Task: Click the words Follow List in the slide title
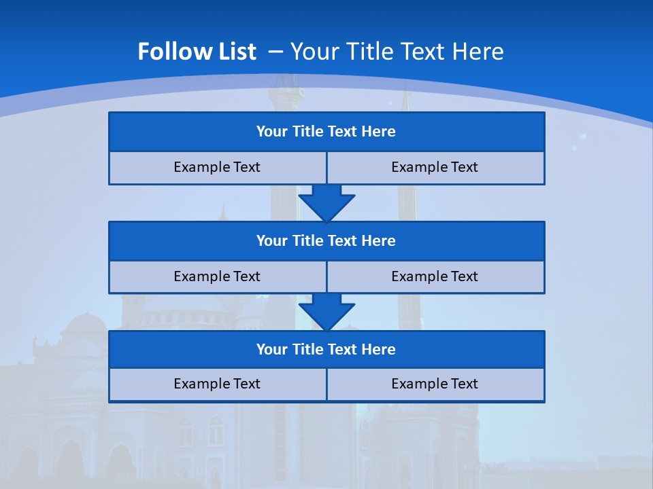point(197,52)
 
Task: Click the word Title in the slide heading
point(368,52)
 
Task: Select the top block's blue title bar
point(326,132)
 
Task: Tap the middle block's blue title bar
point(326,241)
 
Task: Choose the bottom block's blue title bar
point(326,350)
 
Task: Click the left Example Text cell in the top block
point(217,168)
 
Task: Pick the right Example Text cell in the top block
point(435,168)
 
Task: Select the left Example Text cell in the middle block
point(217,277)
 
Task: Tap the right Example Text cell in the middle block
point(435,277)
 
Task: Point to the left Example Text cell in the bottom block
point(217,384)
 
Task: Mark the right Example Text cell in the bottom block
point(435,384)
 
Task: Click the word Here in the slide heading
point(479,52)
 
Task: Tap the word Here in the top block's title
point(379,132)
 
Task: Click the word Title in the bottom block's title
point(307,350)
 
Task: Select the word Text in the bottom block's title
point(342,350)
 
